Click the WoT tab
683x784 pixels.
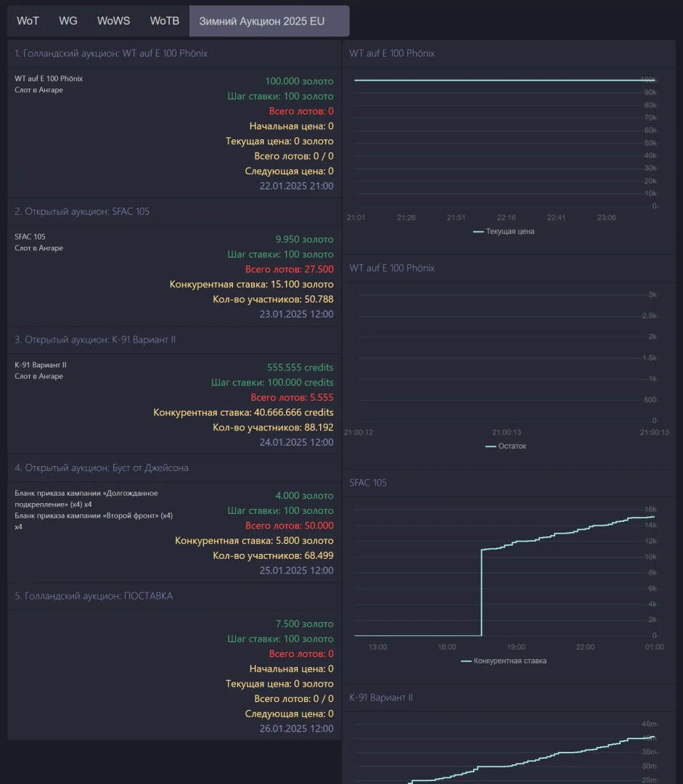click(28, 21)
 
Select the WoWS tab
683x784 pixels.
click(114, 21)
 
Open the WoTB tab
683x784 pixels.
click(165, 21)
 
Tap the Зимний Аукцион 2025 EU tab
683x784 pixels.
click(262, 21)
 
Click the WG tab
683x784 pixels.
click(68, 21)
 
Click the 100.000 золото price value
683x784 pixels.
click(299, 81)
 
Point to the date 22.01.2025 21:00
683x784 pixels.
click(296, 186)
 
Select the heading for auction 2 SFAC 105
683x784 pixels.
click(82, 211)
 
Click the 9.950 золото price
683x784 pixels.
click(304, 239)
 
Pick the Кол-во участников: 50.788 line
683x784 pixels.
click(273, 299)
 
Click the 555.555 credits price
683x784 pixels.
click(300, 367)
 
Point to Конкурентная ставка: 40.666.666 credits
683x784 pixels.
click(243, 412)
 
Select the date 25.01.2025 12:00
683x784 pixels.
click(296, 571)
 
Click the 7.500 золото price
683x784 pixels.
click(304, 624)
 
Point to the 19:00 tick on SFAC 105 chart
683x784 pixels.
click(516, 647)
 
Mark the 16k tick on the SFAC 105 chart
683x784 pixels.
click(650, 510)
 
